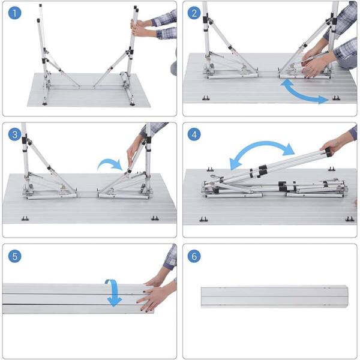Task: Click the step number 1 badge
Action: (x=14, y=13)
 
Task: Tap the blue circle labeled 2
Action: (x=194, y=13)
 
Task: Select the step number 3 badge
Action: (x=14, y=134)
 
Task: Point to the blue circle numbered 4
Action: (x=194, y=134)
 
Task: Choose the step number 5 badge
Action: (x=14, y=256)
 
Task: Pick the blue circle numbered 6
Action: (x=194, y=256)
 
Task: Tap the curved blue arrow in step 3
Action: (x=110, y=161)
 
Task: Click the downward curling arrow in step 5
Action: (x=114, y=293)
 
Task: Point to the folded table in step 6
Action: (x=274, y=296)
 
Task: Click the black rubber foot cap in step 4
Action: (x=328, y=152)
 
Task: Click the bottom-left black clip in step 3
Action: (x=25, y=218)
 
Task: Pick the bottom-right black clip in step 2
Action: (x=337, y=98)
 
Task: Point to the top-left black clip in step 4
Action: (x=210, y=169)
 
